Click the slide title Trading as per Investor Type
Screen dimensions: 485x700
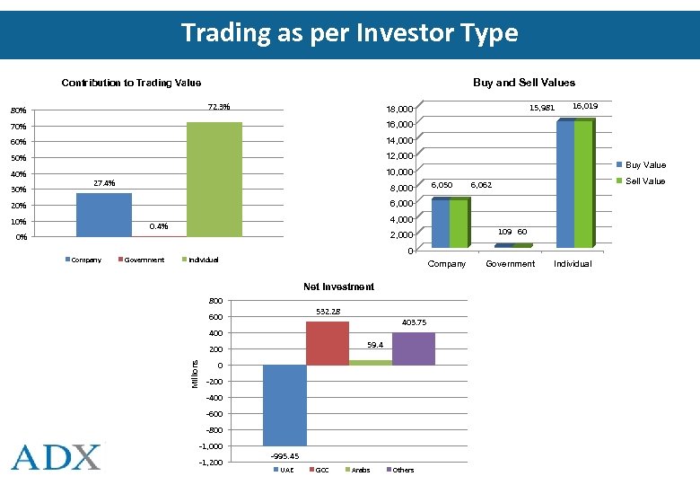[x=349, y=33]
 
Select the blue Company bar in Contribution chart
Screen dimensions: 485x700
[x=103, y=215]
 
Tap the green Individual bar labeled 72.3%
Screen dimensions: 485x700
[x=214, y=180]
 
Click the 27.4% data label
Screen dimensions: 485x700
[x=104, y=183]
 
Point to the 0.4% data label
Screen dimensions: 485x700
[x=158, y=226]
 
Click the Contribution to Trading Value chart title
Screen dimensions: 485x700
[x=131, y=83]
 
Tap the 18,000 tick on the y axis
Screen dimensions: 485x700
[x=399, y=109]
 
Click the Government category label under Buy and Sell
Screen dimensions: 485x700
[x=510, y=264]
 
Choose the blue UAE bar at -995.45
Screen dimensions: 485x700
[x=284, y=404]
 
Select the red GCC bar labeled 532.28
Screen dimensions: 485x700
[x=328, y=343]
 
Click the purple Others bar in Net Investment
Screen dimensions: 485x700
[x=414, y=348]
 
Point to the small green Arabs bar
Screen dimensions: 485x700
[x=371, y=362]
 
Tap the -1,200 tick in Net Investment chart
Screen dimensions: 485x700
[x=210, y=463]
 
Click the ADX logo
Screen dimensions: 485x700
[x=57, y=456]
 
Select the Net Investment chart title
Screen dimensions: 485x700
[x=338, y=287]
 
